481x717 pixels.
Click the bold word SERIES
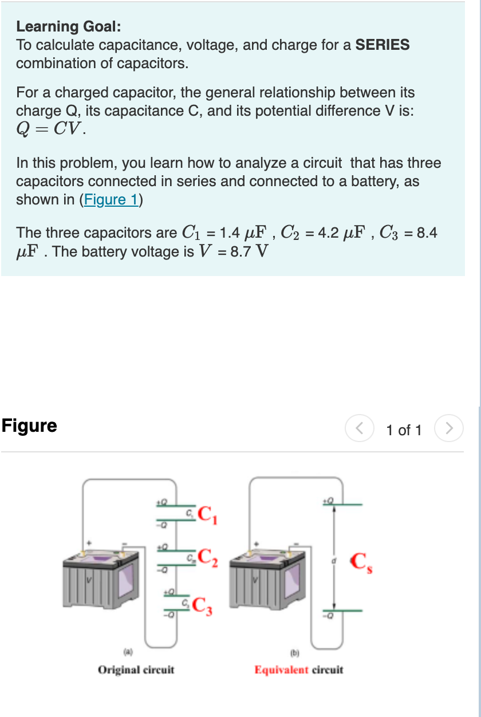tap(383, 45)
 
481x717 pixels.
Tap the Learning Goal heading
tap(68, 26)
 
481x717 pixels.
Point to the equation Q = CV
tap(52, 129)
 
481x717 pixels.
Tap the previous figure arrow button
tap(358, 429)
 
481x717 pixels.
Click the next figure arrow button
tap(450, 429)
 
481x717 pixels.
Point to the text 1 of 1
tap(404, 430)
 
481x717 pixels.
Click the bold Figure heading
tap(29, 426)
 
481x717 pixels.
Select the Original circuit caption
tap(136, 669)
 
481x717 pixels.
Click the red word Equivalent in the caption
tap(281, 669)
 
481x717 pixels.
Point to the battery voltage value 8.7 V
tap(247, 251)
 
